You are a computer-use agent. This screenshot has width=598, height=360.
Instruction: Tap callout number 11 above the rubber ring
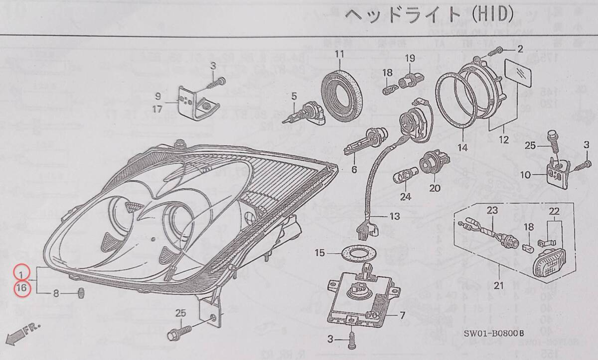click(339, 54)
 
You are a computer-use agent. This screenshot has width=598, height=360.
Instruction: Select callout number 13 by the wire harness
click(395, 216)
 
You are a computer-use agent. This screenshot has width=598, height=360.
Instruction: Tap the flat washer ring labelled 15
click(355, 254)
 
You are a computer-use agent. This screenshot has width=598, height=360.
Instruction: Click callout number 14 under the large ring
click(463, 148)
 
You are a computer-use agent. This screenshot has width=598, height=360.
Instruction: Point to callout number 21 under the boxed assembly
click(499, 286)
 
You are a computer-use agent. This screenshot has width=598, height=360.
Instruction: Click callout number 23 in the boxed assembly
click(492, 211)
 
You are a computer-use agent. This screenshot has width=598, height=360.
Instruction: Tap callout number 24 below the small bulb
click(406, 196)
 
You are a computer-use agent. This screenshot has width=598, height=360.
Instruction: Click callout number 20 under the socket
click(435, 189)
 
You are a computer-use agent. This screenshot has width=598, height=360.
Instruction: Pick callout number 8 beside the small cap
click(56, 293)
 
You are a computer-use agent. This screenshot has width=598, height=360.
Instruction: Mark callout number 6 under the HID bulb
click(354, 169)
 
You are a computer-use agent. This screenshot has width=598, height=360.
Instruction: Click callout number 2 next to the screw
click(520, 49)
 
